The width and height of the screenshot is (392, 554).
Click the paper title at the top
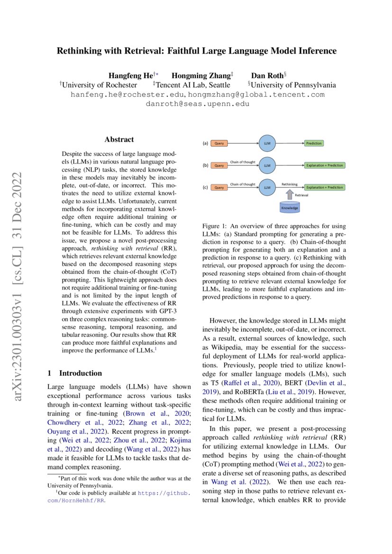click(x=196, y=51)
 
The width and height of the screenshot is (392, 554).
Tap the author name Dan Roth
click(x=267, y=75)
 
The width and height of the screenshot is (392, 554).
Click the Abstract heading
click(x=119, y=139)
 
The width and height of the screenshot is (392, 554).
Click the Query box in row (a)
click(x=219, y=143)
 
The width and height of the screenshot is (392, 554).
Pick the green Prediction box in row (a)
click(x=314, y=143)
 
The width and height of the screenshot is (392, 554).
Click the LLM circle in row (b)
click(x=267, y=165)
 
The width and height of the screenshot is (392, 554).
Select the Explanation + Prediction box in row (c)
click(x=325, y=188)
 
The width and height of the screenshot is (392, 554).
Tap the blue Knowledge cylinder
click(x=290, y=207)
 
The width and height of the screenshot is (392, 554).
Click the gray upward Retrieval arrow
click(x=290, y=194)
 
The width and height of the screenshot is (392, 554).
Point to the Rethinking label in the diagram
click(x=290, y=184)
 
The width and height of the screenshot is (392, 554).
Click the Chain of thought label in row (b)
click(x=243, y=162)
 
